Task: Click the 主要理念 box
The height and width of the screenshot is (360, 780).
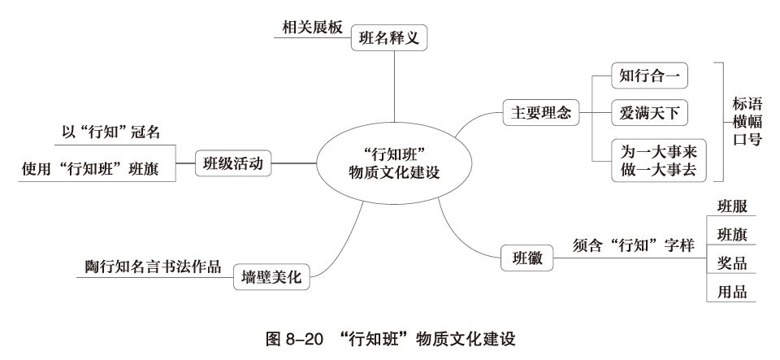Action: pyautogui.click(x=535, y=114)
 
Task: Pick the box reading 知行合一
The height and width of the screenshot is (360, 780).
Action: pyautogui.click(x=648, y=77)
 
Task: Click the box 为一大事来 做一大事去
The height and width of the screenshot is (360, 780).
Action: pyautogui.click(x=659, y=160)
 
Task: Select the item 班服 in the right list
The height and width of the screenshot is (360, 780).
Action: pyautogui.click(x=731, y=205)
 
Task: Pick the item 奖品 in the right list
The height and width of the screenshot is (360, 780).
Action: pyautogui.click(x=731, y=263)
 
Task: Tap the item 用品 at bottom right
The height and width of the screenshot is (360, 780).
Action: pyautogui.click(x=731, y=293)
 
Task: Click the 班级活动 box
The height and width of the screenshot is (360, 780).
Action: pyautogui.click(x=232, y=163)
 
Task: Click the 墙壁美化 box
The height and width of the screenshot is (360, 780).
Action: pyautogui.click(x=271, y=277)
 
